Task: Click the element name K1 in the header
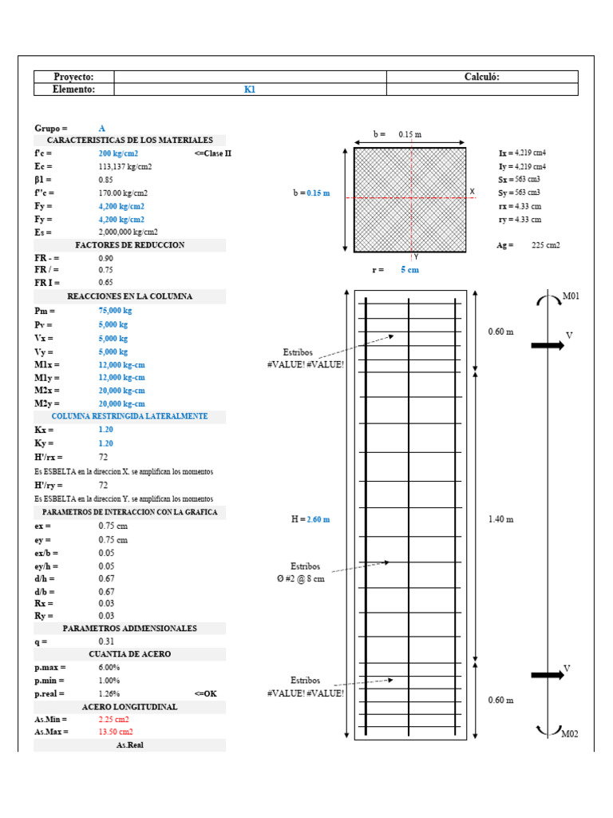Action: (x=249, y=90)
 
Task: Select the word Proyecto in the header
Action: (x=73, y=77)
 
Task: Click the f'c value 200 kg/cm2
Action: (x=118, y=153)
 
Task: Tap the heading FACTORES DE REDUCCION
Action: (x=129, y=245)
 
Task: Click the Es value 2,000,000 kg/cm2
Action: (x=129, y=232)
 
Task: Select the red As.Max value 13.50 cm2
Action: (x=116, y=732)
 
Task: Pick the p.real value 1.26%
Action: (x=109, y=693)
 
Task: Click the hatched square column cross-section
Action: (x=409, y=199)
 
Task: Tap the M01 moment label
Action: (x=571, y=296)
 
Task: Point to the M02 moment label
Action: (x=570, y=733)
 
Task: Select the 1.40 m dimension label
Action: (x=500, y=519)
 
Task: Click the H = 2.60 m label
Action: (x=310, y=519)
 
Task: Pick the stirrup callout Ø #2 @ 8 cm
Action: (x=307, y=579)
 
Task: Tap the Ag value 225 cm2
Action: (x=546, y=245)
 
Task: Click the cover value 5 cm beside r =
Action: (x=409, y=270)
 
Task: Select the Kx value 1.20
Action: (x=106, y=430)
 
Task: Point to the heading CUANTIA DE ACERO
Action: (x=129, y=654)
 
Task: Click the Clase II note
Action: (x=212, y=153)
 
